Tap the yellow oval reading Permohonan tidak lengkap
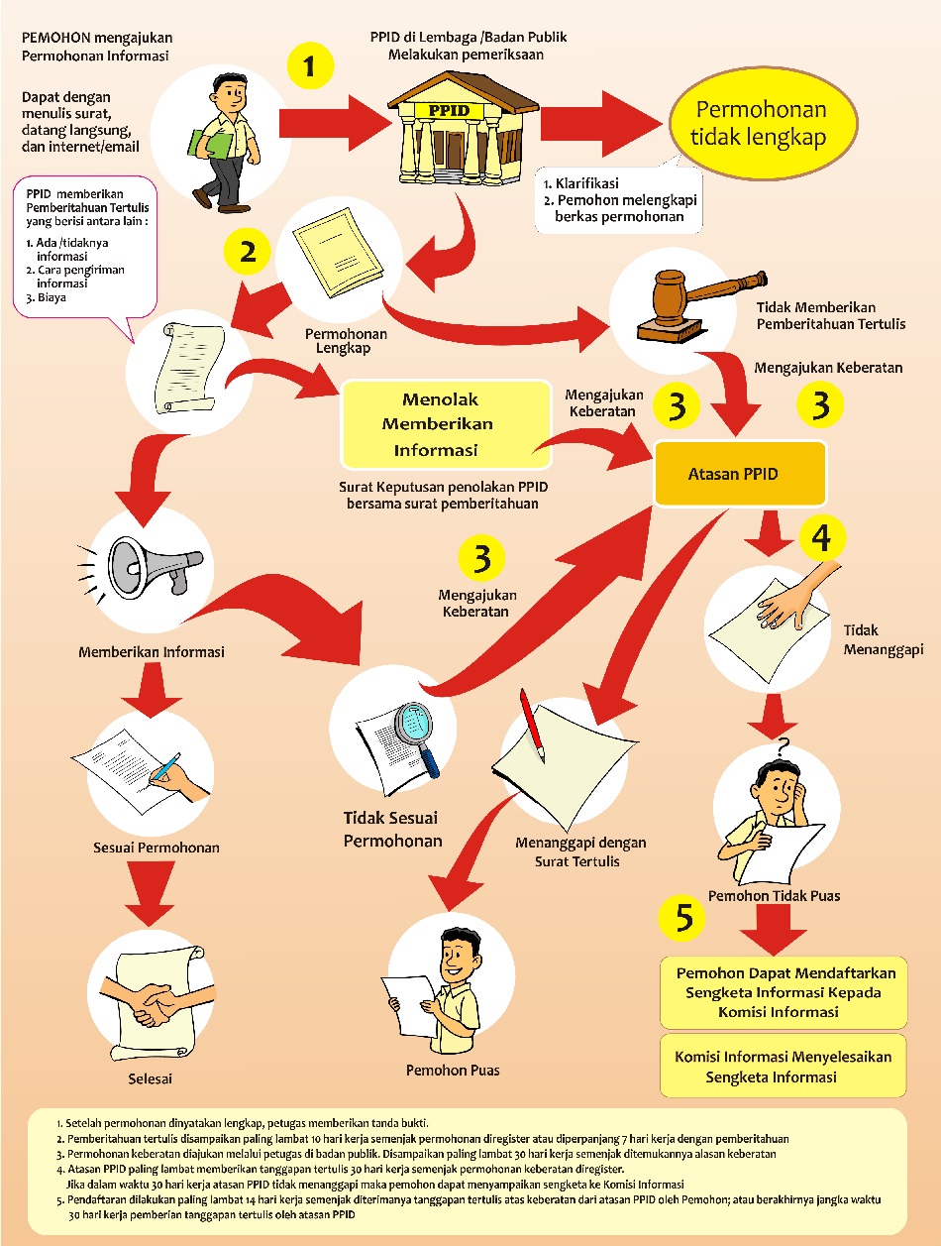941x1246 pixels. [x=760, y=124]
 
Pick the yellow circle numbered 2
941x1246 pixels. [x=249, y=252]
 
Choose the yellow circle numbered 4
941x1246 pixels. [x=821, y=537]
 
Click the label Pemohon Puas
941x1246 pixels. [x=453, y=1070]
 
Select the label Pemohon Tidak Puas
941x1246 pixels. [x=774, y=895]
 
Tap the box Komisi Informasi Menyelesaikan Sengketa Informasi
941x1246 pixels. [x=783, y=1067]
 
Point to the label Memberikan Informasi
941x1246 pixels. [x=152, y=652]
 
